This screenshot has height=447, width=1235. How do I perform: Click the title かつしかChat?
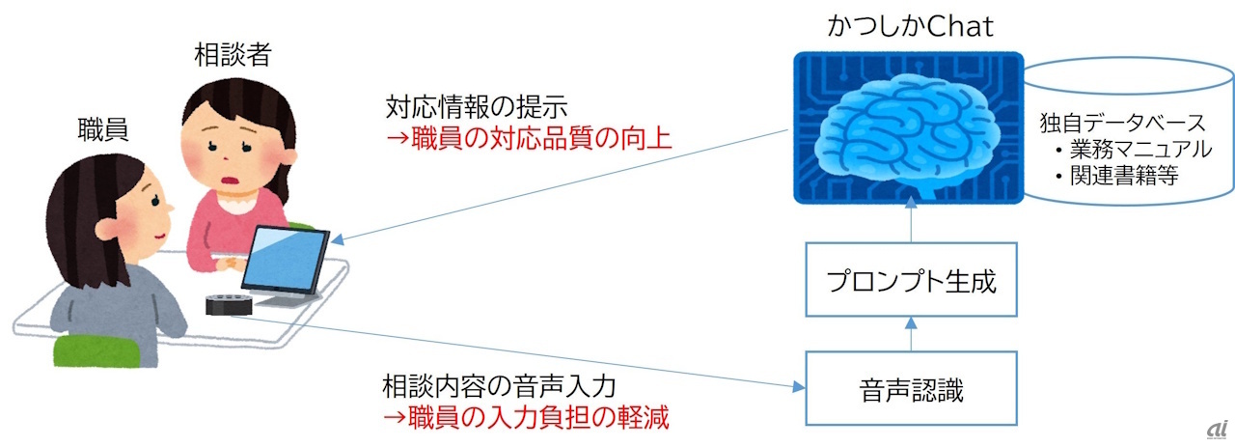pos(910,26)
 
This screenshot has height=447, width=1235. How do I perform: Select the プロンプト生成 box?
pos(911,279)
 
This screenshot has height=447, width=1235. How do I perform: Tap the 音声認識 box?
pos(911,388)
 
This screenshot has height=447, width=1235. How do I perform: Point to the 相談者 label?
pos(233,55)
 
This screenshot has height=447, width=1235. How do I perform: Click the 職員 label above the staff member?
pos(103,129)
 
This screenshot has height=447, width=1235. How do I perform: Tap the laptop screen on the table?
pos(285,259)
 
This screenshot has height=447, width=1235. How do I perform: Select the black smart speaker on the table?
pos(229,305)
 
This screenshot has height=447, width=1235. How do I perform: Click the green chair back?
pos(96,350)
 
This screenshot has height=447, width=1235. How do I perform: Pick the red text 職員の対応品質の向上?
pos(529,138)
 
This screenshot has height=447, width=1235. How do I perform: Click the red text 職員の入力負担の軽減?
pos(527,417)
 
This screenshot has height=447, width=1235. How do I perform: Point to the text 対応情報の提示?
pos(477,107)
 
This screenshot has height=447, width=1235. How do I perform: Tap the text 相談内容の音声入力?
pos(499,386)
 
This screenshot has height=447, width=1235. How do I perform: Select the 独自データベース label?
pos(1122,123)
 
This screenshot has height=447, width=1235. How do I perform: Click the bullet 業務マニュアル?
pos(1134,149)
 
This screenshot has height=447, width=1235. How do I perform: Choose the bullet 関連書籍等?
pos(1117,176)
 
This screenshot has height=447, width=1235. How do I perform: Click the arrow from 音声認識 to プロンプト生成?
pos(911,334)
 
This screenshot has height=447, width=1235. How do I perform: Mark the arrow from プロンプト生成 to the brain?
pos(911,219)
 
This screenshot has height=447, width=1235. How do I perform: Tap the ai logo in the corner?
pos(1217,430)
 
